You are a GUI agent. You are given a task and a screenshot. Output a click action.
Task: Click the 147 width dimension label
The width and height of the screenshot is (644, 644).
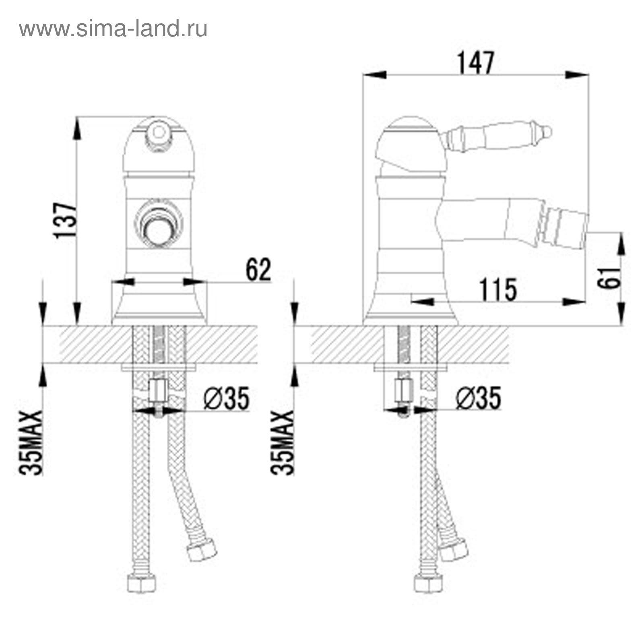click(x=475, y=63)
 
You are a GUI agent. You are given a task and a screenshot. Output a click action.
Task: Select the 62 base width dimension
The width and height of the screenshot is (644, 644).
click(x=259, y=270)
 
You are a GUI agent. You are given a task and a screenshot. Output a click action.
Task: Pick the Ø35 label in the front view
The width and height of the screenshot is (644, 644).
click(x=226, y=398)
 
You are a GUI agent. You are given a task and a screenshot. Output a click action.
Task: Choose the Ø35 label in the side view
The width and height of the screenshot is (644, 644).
click(x=479, y=398)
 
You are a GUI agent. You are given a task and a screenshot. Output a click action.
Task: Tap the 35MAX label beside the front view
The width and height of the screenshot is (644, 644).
click(x=31, y=443)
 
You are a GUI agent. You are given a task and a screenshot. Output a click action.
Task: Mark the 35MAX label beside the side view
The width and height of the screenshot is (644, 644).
click(x=283, y=443)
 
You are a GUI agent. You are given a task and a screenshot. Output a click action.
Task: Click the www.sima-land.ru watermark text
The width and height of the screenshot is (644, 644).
click(x=113, y=29)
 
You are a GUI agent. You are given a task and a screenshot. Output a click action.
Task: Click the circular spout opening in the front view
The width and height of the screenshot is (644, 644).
click(x=158, y=232)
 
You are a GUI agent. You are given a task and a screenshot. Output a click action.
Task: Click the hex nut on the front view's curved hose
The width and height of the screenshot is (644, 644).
click(x=202, y=549)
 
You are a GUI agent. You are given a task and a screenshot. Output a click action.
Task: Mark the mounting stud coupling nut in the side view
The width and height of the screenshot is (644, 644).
click(x=404, y=390)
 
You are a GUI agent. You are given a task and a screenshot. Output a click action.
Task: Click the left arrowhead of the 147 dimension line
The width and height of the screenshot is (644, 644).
click(x=375, y=74)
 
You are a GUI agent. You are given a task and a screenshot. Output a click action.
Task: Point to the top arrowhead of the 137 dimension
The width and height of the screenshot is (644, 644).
click(x=77, y=129)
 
